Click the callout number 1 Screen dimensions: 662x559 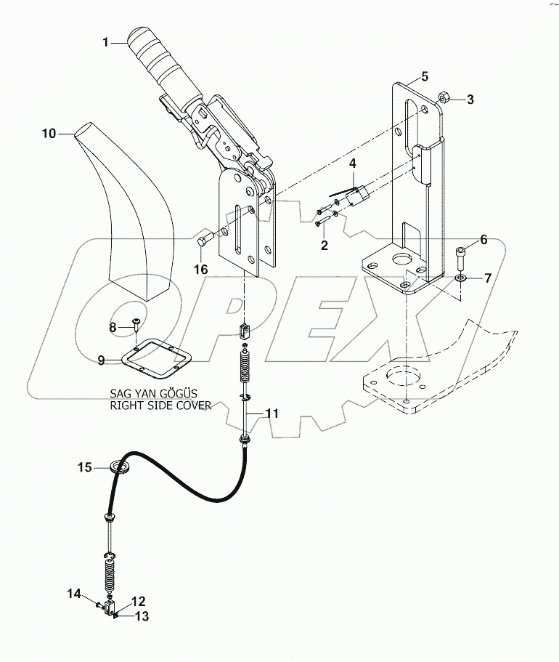coord(105,43)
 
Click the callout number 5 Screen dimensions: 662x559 coord(425,76)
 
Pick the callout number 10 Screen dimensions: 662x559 coord(48,133)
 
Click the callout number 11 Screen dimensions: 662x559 coord(271,413)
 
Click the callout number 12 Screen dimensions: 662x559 coord(138,601)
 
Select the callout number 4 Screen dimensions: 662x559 coord(351,165)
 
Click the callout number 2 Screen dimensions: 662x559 coord(323,245)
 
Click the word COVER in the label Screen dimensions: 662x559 coord(191,405)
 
